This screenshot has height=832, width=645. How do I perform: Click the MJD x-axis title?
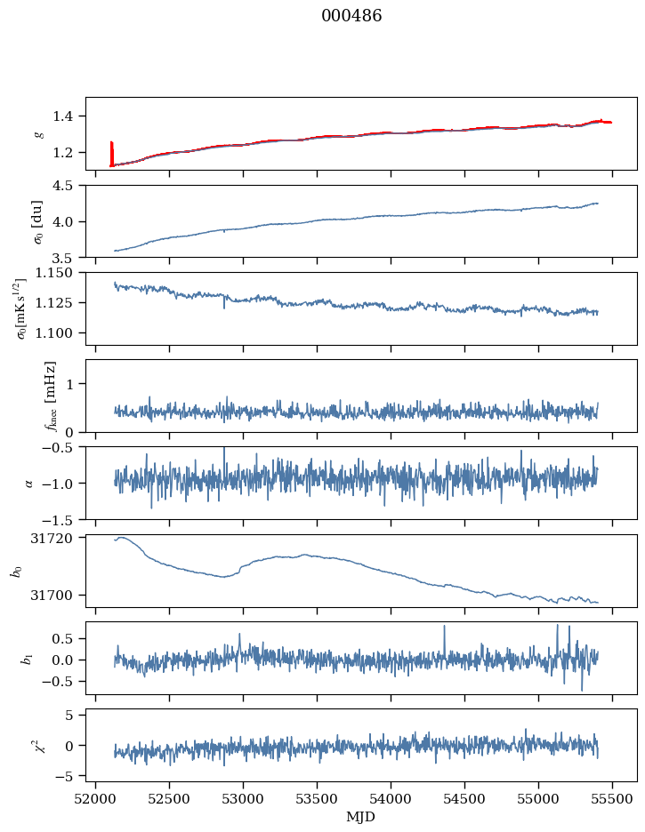click(x=360, y=817)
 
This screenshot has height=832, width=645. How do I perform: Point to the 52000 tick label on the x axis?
click(x=97, y=797)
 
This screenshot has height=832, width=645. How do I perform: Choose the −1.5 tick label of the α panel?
click(x=63, y=519)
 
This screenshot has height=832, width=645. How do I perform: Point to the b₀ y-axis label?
click(x=17, y=571)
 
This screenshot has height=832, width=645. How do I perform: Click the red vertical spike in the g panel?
click(x=111, y=153)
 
